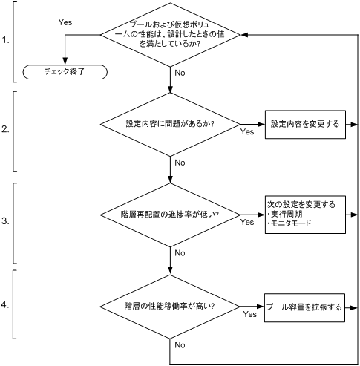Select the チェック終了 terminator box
tap(65, 72)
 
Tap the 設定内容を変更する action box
tap(305, 124)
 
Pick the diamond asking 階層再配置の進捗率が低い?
tap(171, 215)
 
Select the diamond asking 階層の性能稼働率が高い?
tap(171, 305)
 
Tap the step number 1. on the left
tap(7, 41)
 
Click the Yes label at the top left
tap(65, 23)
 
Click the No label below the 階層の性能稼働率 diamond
tap(179, 345)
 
